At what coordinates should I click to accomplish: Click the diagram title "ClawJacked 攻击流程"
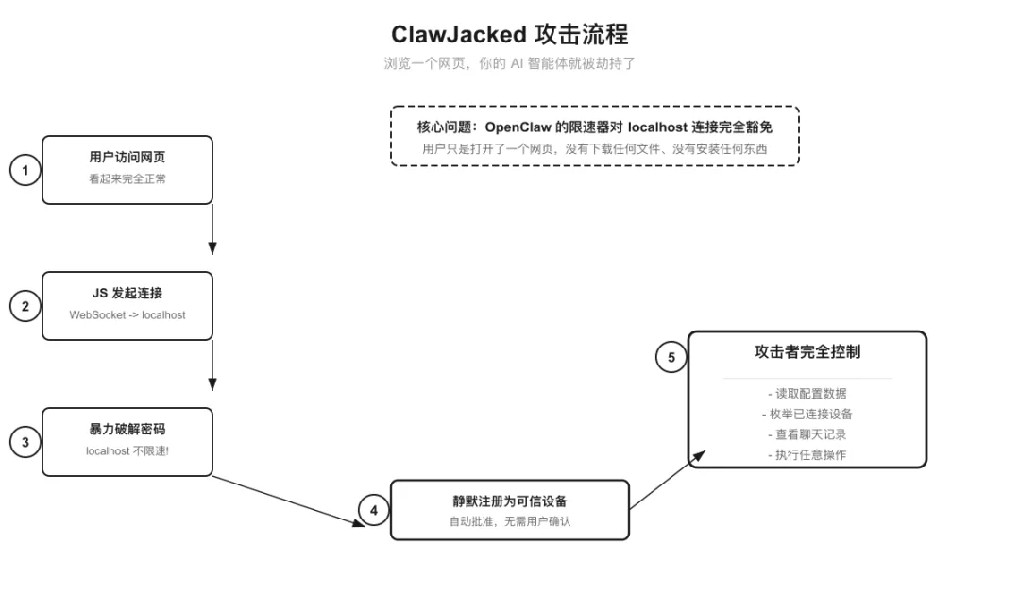pyautogui.click(x=509, y=35)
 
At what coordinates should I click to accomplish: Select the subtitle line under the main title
pyautogui.click(x=509, y=63)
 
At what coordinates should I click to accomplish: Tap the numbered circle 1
pyautogui.click(x=25, y=171)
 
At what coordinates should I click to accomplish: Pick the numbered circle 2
pyautogui.click(x=25, y=306)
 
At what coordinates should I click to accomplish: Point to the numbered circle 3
pyautogui.click(x=25, y=442)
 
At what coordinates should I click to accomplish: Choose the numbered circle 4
pyautogui.click(x=374, y=511)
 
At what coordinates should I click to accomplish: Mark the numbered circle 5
pyautogui.click(x=671, y=357)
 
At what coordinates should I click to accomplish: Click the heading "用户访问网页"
pyautogui.click(x=127, y=158)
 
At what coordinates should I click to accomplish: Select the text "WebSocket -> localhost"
pyautogui.click(x=127, y=314)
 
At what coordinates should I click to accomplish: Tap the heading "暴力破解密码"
pyautogui.click(x=127, y=430)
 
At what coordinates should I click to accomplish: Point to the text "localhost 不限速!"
pyautogui.click(x=127, y=450)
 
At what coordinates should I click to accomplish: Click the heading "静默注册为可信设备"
pyautogui.click(x=510, y=501)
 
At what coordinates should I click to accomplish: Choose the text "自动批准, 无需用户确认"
pyautogui.click(x=510, y=521)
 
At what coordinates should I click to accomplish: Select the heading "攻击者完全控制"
pyautogui.click(x=807, y=351)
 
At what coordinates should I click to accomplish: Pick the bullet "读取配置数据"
pyautogui.click(x=807, y=394)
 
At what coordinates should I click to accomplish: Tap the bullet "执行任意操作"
pyautogui.click(x=807, y=455)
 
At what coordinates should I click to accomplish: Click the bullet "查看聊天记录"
pyautogui.click(x=807, y=434)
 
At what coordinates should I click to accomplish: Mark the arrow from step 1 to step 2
pyautogui.click(x=212, y=229)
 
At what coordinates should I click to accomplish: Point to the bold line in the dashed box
pyautogui.click(x=595, y=127)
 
